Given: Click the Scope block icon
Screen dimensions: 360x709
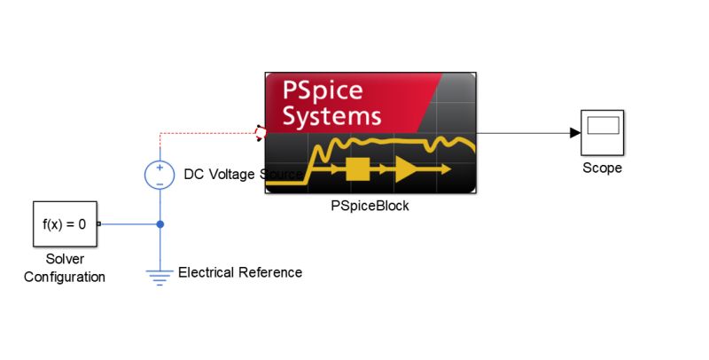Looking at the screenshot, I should [x=602, y=133].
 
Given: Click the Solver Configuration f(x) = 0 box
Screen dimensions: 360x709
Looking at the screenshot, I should [x=65, y=224].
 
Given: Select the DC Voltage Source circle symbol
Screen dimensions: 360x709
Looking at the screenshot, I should [x=160, y=175].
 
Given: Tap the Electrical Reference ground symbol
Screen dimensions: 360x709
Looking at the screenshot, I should [x=160, y=277].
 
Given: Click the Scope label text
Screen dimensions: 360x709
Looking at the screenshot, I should [x=602, y=168].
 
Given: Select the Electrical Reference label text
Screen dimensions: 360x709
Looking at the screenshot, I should [x=240, y=272].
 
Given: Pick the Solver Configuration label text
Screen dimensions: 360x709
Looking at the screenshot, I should [x=65, y=268].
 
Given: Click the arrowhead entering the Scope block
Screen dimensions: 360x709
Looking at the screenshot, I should [x=574, y=133].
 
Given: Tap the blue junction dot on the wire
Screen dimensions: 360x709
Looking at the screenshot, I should [x=160, y=224].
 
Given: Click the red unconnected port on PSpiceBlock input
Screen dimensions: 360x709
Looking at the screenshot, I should [x=260, y=133].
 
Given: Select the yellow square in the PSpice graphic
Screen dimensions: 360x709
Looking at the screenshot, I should [x=357, y=168].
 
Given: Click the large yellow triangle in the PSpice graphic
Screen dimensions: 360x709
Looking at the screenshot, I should [x=409, y=168].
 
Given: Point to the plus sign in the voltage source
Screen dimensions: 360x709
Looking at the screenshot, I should [x=160, y=168].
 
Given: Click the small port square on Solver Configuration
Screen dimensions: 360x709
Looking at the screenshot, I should [x=98, y=224].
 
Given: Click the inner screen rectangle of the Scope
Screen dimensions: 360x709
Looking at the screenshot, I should [x=602, y=126].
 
